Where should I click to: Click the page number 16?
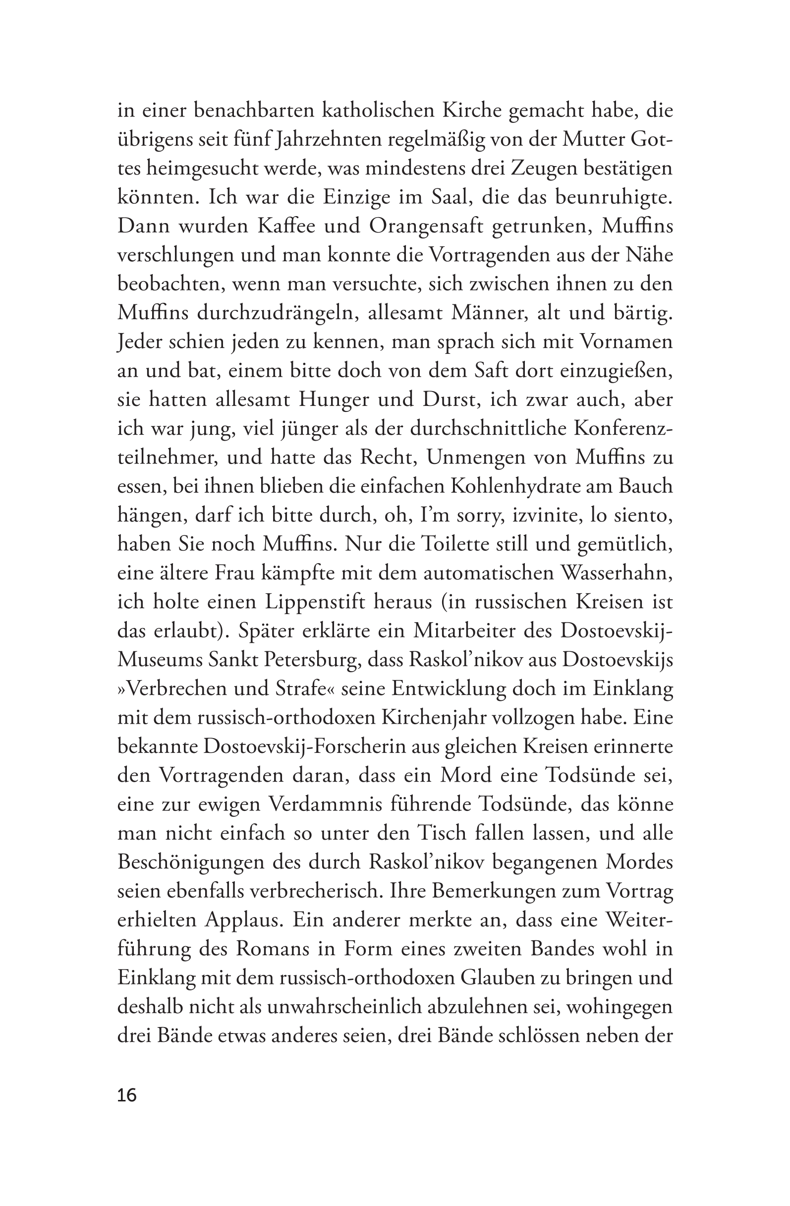pos(127,1095)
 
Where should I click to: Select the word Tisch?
pos(443,833)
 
